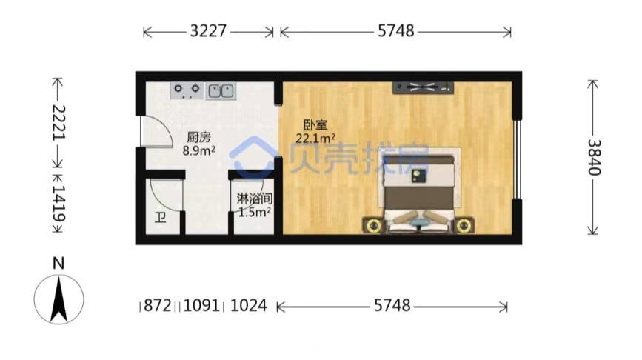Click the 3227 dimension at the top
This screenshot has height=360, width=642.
(x=208, y=31)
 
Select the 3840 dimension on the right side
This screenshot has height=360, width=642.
(x=594, y=157)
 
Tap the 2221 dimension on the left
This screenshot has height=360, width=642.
(x=58, y=122)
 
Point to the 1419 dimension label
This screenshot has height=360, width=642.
(x=58, y=204)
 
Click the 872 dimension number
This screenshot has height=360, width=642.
(x=158, y=305)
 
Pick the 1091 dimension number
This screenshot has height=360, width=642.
(x=201, y=305)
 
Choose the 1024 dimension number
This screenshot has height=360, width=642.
(x=249, y=305)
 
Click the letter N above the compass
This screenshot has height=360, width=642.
(x=58, y=263)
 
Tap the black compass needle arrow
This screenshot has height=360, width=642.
(x=59, y=299)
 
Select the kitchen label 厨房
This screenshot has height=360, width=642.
(x=198, y=137)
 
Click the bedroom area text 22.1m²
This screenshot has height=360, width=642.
(x=315, y=139)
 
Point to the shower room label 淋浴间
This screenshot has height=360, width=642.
(x=255, y=199)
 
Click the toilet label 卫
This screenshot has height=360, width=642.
(x=160, y=218)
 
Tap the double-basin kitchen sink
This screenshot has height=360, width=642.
(x=221, y=90)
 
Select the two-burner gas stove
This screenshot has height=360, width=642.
(x=187, y=90)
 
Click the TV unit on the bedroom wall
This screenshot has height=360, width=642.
(x=423, y=87)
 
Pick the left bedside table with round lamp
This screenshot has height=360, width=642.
(x=373, y=225)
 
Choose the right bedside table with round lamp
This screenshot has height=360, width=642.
(x=464, y=225)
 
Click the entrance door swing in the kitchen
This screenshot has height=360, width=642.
(x=156, y=131)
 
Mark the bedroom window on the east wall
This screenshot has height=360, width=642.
(x=517, y=160)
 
